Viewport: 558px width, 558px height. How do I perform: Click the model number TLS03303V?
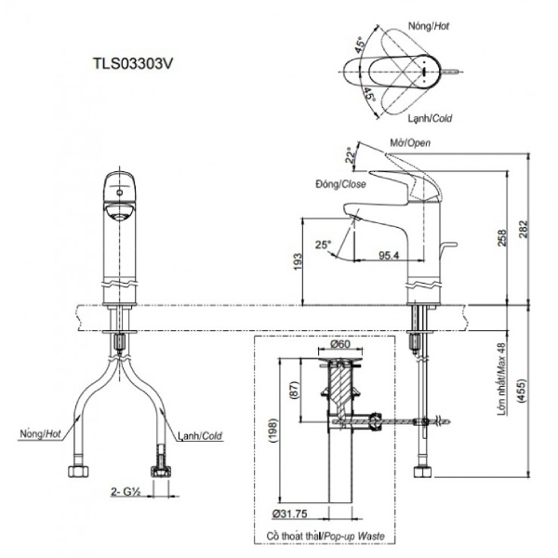click(x=133, y=63)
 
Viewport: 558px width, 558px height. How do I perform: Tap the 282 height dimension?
click(x=523, y=229)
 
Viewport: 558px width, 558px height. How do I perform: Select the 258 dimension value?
click(x=501, y=238)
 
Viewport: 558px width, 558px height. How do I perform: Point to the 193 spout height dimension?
click(x=298, y=261)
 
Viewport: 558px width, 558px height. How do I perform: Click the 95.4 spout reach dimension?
click(x=389, y=255)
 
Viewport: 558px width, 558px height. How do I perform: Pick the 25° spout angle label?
click(x=323, y=245)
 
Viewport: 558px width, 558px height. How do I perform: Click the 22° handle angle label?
click(x=351, y=154)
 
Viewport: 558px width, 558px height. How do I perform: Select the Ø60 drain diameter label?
click(x=340, y=344)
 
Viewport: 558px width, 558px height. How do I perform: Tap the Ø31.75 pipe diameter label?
click(x=289, y=514)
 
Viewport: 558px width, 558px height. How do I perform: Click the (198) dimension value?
click(x=274, y=430)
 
